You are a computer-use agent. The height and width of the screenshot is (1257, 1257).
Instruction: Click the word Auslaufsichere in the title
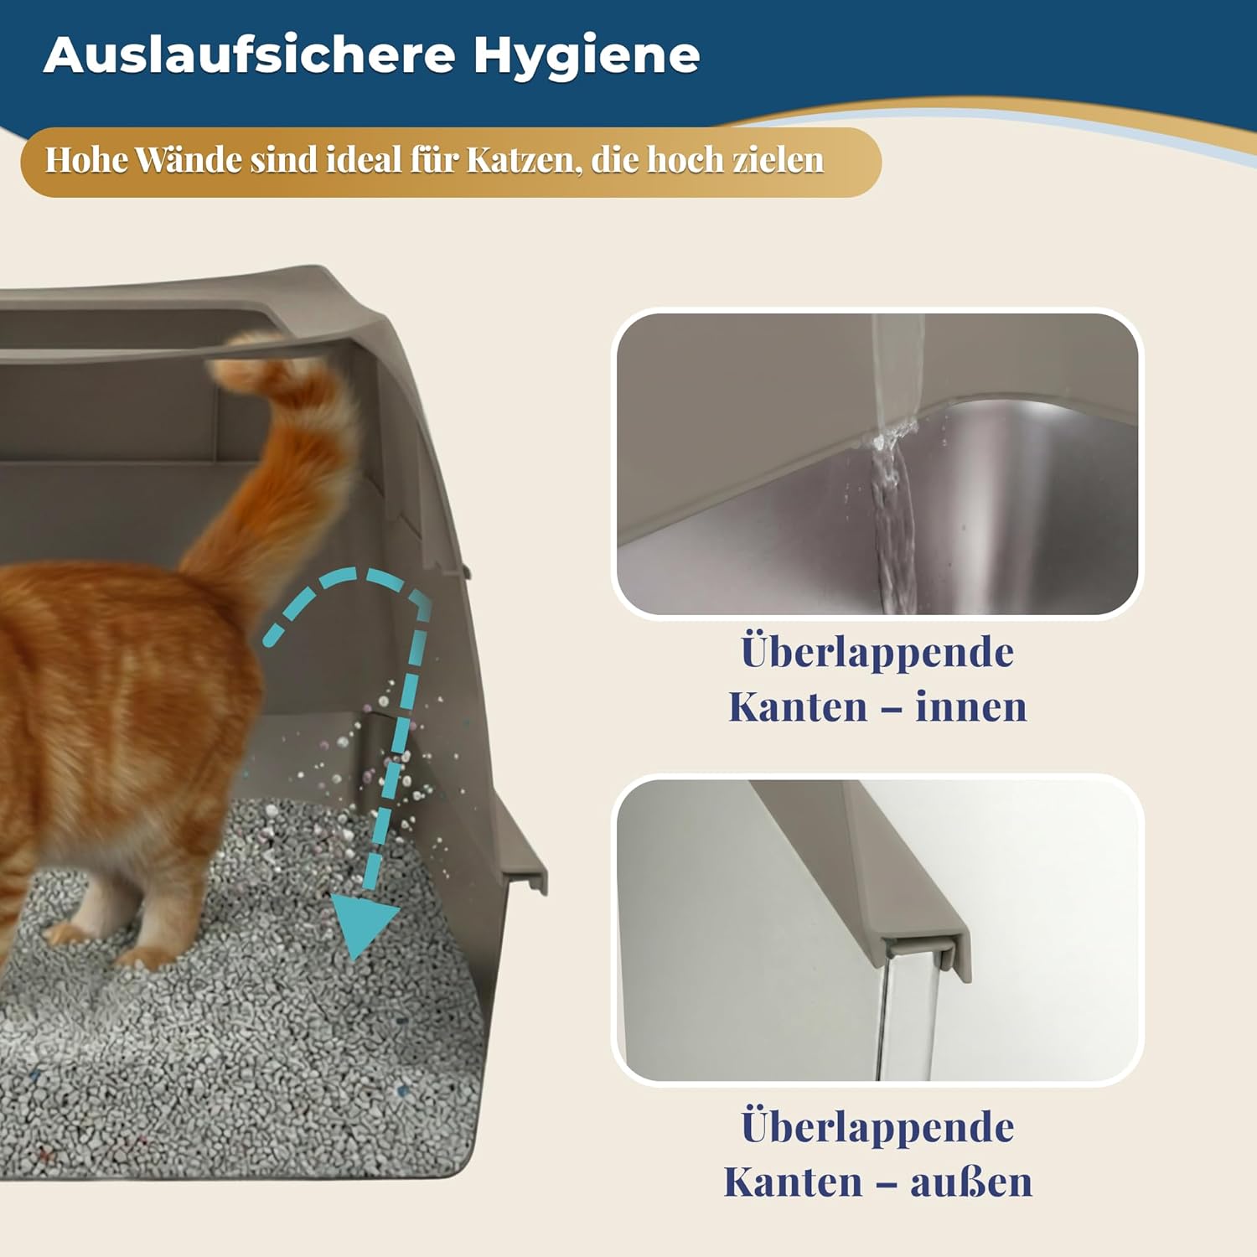coord(250,54)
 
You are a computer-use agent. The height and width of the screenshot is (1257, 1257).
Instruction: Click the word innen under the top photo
coord(970,706)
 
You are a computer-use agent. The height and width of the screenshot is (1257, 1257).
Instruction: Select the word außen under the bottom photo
coord(971,1182)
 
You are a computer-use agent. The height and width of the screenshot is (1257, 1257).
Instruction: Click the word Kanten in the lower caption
coord(793,1182)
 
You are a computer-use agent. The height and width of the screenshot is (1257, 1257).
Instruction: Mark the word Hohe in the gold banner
coord(86,159)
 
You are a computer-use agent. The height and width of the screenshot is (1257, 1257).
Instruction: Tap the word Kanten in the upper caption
coord(798,706)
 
